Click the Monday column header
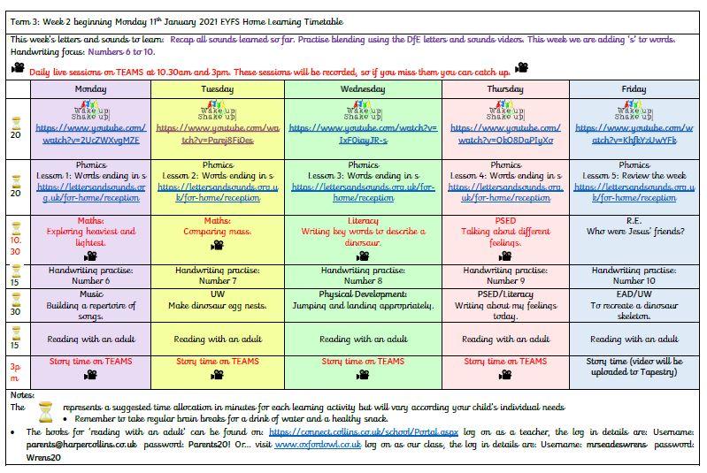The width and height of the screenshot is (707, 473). [90, 88]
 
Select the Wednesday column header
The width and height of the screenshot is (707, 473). [363, 88]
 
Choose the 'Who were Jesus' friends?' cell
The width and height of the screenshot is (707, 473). [634, 232]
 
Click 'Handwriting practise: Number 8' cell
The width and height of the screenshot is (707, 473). [363, 276]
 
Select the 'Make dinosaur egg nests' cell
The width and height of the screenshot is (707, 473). [217, 306]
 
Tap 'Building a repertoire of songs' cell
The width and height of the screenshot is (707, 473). [90, 306]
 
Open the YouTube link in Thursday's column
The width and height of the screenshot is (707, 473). [505, 134]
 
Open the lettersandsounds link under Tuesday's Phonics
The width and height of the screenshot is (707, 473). [217, 193]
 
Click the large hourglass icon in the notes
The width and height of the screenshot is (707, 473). [44, 411]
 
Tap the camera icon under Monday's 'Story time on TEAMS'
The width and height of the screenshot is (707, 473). [90, 374]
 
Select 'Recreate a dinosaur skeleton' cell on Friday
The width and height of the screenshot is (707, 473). [634, 306]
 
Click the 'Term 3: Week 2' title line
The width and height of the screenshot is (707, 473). [177, 21]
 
